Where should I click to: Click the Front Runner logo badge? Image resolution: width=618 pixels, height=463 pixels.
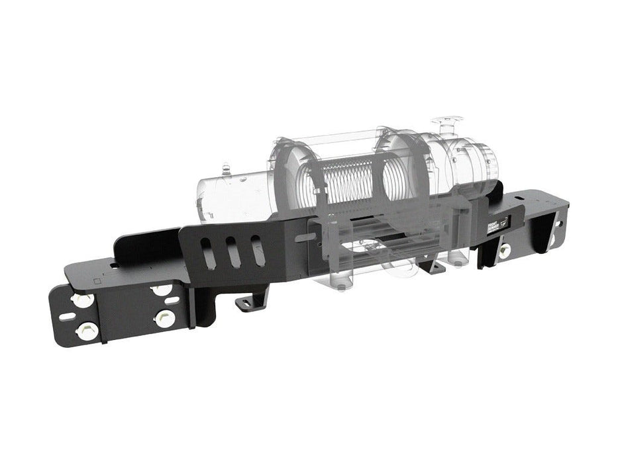coord(496,224)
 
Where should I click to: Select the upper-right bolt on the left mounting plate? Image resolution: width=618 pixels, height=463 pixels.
coord(160,291)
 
